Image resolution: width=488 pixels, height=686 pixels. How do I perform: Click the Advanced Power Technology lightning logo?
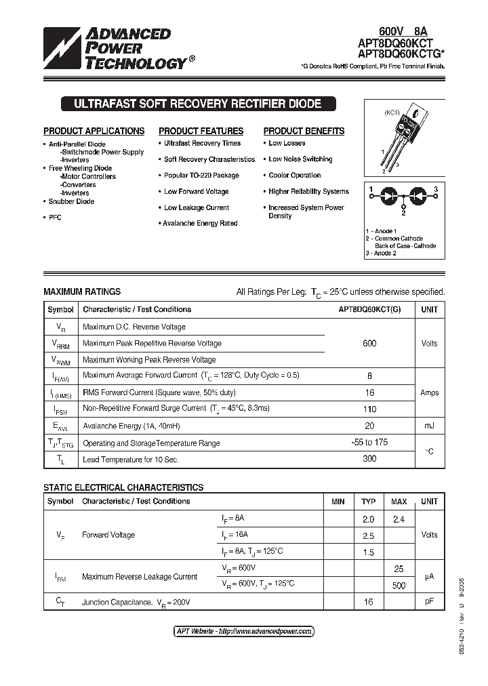62,49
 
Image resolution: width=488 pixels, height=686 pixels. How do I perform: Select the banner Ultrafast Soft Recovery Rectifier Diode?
191,104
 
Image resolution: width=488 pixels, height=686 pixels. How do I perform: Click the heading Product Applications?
94,131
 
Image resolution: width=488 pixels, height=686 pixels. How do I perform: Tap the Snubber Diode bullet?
71,201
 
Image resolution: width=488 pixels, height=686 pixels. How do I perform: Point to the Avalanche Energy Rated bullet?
200,224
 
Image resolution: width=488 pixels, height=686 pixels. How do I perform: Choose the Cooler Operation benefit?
294,176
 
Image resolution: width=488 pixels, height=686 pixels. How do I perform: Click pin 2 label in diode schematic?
403,213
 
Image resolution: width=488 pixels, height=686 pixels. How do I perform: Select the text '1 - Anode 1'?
382,231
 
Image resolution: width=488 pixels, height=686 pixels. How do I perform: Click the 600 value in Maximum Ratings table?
369,344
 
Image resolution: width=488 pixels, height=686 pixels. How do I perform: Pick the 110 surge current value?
369,409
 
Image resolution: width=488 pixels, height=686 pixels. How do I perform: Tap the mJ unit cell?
430,426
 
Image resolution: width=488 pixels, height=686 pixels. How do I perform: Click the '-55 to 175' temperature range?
369,443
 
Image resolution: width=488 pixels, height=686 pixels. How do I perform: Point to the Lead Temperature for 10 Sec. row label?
130,460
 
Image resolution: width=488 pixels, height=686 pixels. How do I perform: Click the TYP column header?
368,502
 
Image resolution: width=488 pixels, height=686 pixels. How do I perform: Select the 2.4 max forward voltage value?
399,519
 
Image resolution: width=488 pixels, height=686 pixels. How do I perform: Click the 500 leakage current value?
399,586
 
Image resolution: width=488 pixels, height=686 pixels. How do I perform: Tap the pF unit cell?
430,601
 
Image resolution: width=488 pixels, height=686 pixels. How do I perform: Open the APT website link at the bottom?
244,631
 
